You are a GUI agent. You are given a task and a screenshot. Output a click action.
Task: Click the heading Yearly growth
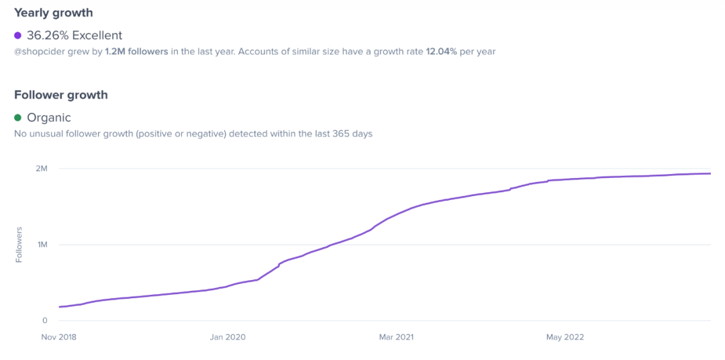[x=54, y=13]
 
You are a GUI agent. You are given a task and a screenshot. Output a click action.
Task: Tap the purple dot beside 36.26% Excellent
[x=18, y=36]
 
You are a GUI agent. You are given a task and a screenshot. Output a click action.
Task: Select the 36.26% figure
[x=47, y=36]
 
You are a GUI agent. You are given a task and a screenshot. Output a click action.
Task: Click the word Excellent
[x=97, y=36]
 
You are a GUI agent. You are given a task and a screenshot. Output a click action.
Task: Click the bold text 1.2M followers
[x=136, y=52]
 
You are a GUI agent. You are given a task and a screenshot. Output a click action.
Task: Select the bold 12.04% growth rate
[x=441, y=52]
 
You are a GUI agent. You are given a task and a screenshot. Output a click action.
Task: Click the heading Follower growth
[x=61, y=95]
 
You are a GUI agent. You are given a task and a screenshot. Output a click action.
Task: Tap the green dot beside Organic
[x=18, y=118]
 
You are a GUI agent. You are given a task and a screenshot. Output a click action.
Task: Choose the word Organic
[x=49, y=118]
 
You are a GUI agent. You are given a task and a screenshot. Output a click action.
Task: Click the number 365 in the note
[x=341, y=134]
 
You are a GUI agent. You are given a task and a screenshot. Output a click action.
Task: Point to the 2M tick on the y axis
[x=41, y=169]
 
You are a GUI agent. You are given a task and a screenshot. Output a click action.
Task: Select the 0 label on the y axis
[x=44, y=320]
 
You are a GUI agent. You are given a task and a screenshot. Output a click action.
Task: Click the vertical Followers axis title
[x=19, y=244]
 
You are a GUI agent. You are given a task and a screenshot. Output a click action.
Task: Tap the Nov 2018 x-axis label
[x=59, y=337]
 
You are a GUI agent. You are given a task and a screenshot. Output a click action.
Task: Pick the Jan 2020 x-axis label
[x=228, y=337]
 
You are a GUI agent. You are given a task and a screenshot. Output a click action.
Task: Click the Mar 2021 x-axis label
[x=396, y=337]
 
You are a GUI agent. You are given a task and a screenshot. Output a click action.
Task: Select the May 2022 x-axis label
[x=565, y=337]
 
